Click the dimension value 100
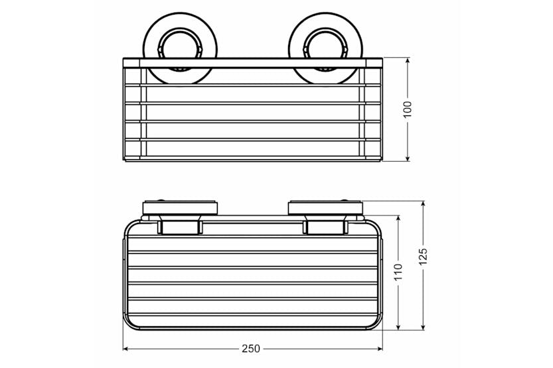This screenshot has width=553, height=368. [x=407, y=108]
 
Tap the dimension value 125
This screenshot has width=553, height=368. [x=424, y=255]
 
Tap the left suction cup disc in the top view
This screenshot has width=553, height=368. [x=180, y=208]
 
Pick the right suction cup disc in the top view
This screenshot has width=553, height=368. [x=325, y=208]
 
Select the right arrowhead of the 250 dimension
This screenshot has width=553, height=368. [x=380, y=349]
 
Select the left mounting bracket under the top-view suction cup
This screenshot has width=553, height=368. [x=180, y=227]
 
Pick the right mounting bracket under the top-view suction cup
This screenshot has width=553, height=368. [x=325, y=227]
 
